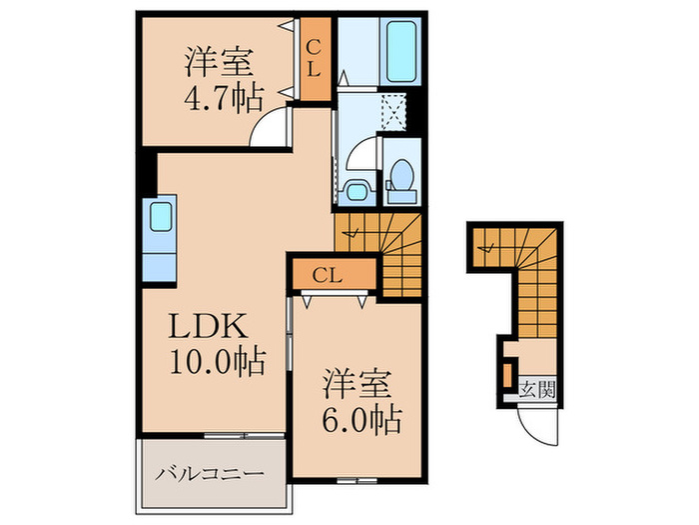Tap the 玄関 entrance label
(536, 389)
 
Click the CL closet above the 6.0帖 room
(332, 273)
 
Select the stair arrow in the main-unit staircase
(351, 234)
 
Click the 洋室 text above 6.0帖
(360, 385)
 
